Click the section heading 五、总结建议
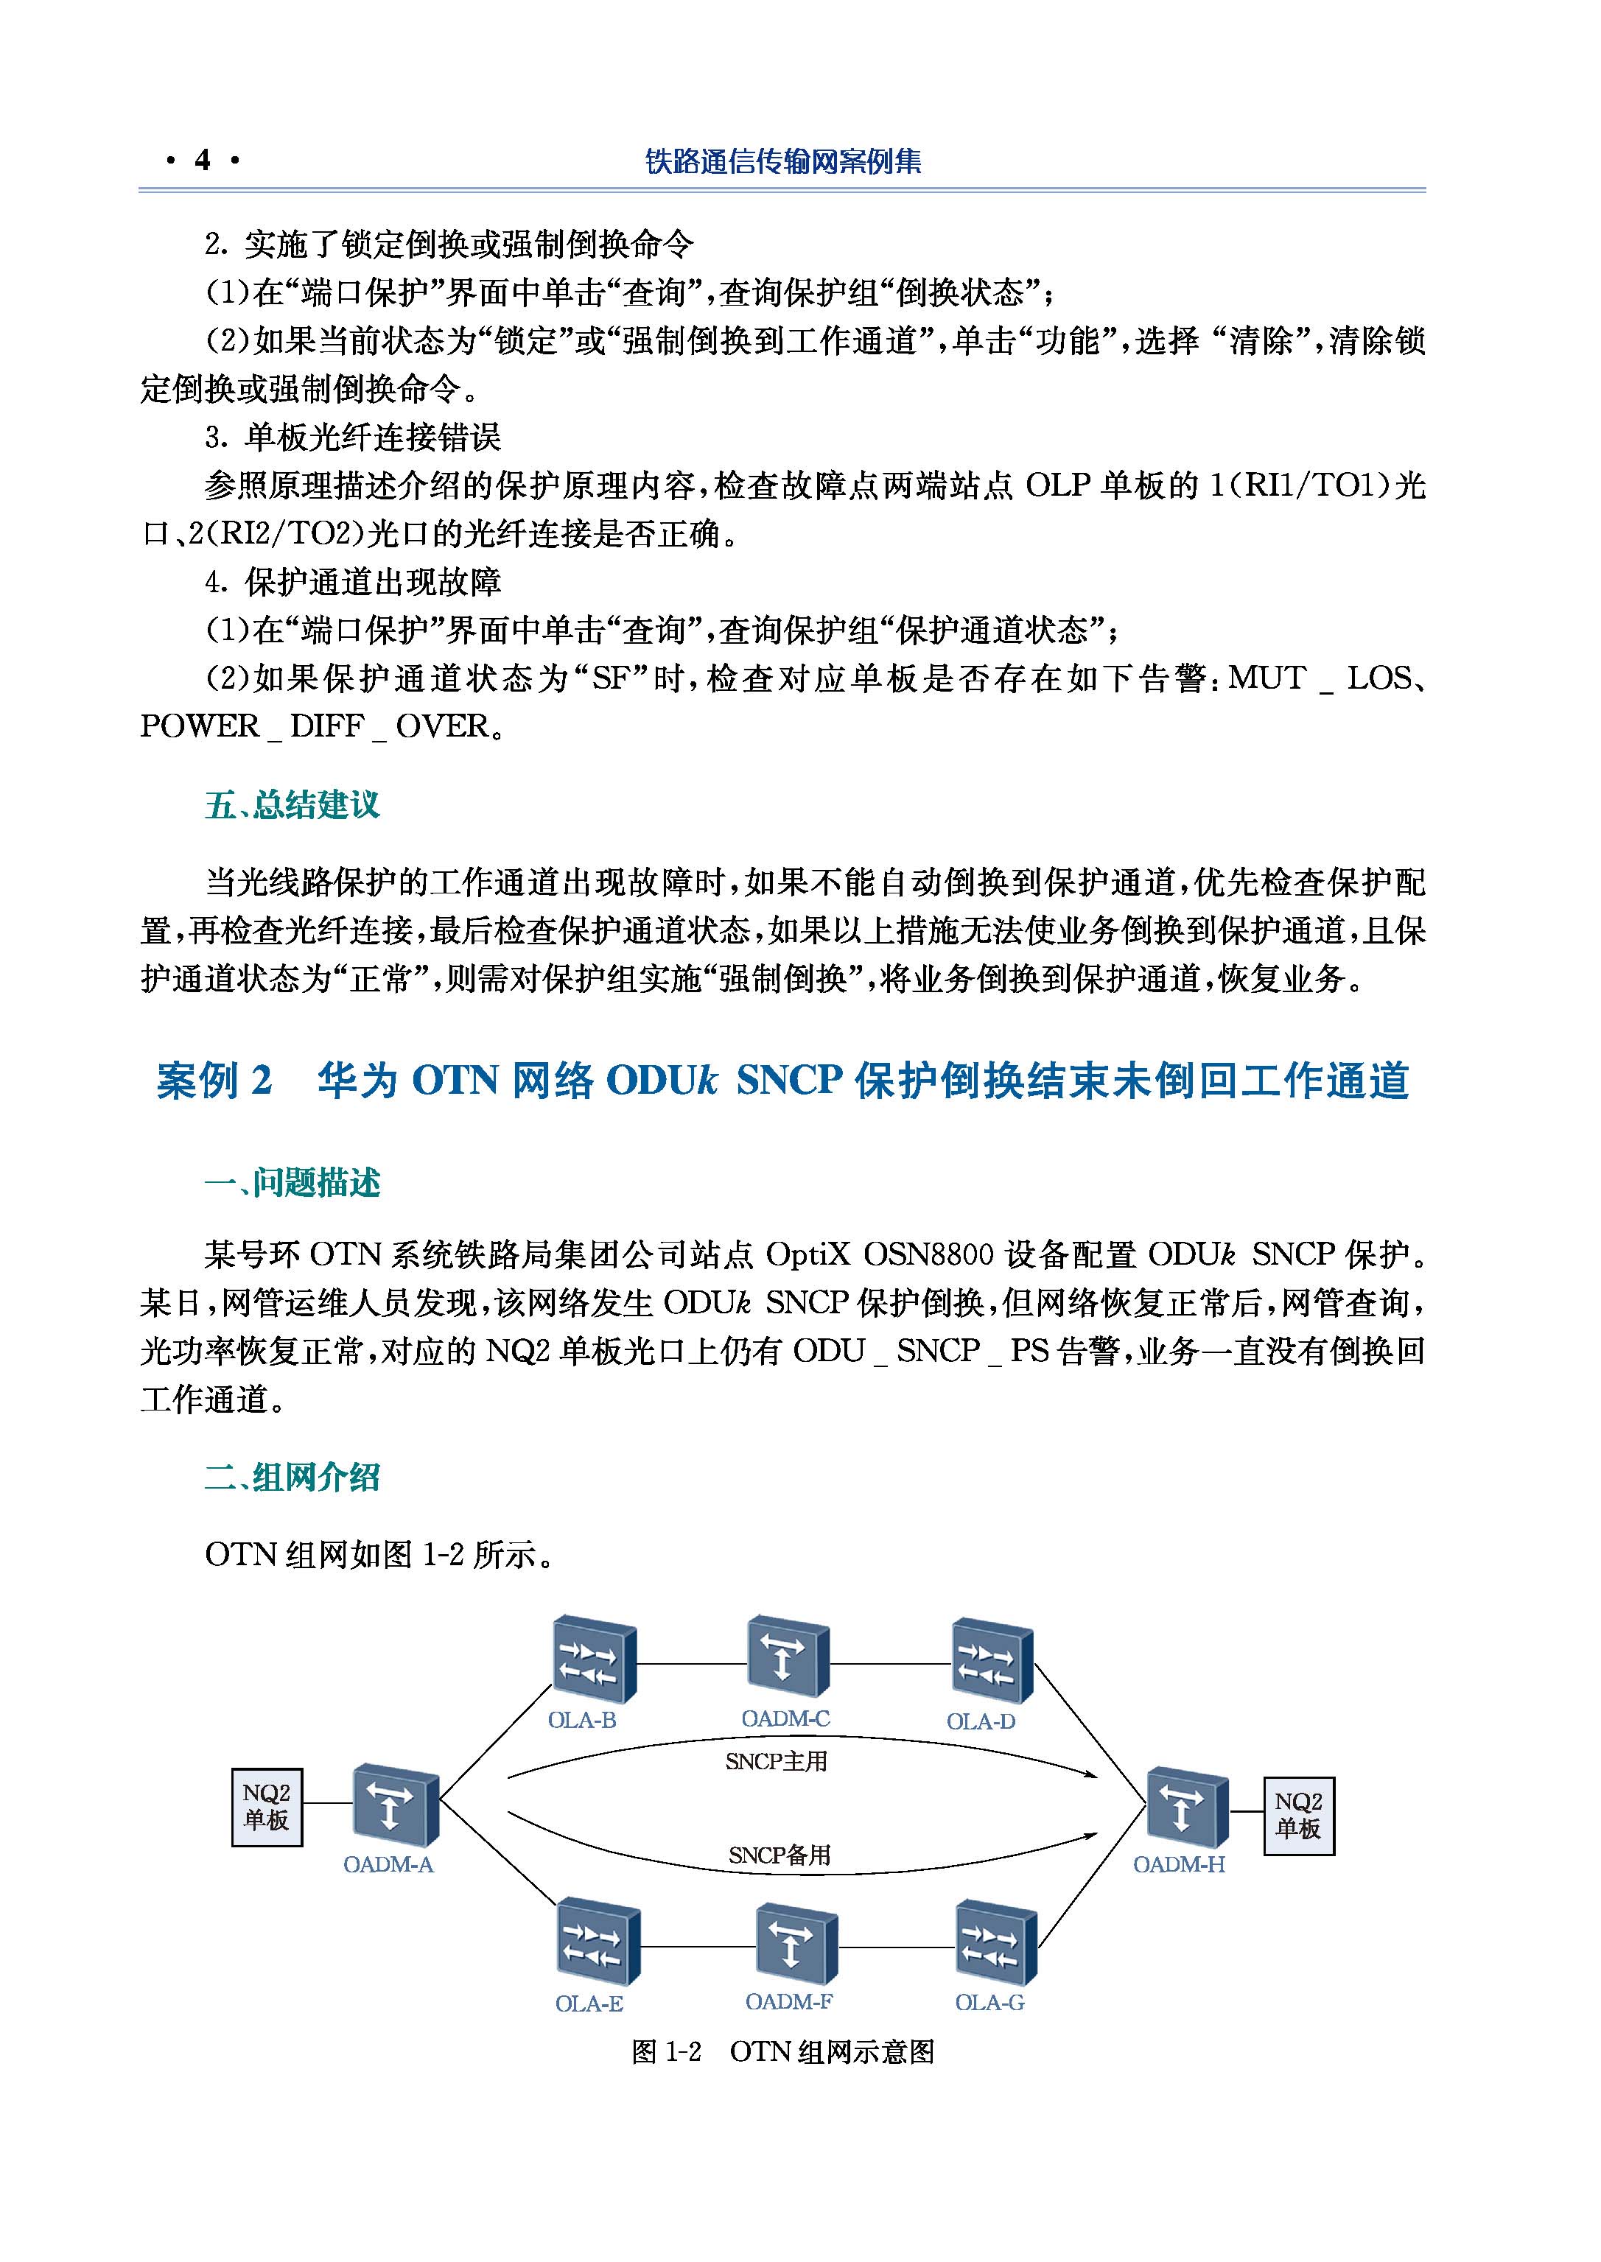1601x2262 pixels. (292, 805)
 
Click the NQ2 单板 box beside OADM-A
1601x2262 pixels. (266, 1808)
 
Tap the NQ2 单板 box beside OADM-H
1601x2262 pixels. (1298, 1816)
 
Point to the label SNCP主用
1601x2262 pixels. (776, 1761)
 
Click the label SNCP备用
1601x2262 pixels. (779, 1855)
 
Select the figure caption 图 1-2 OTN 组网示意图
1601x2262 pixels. (782, 2052)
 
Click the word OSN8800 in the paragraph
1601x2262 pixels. (927, 1254)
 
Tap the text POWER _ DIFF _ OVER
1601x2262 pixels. (315, 726)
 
